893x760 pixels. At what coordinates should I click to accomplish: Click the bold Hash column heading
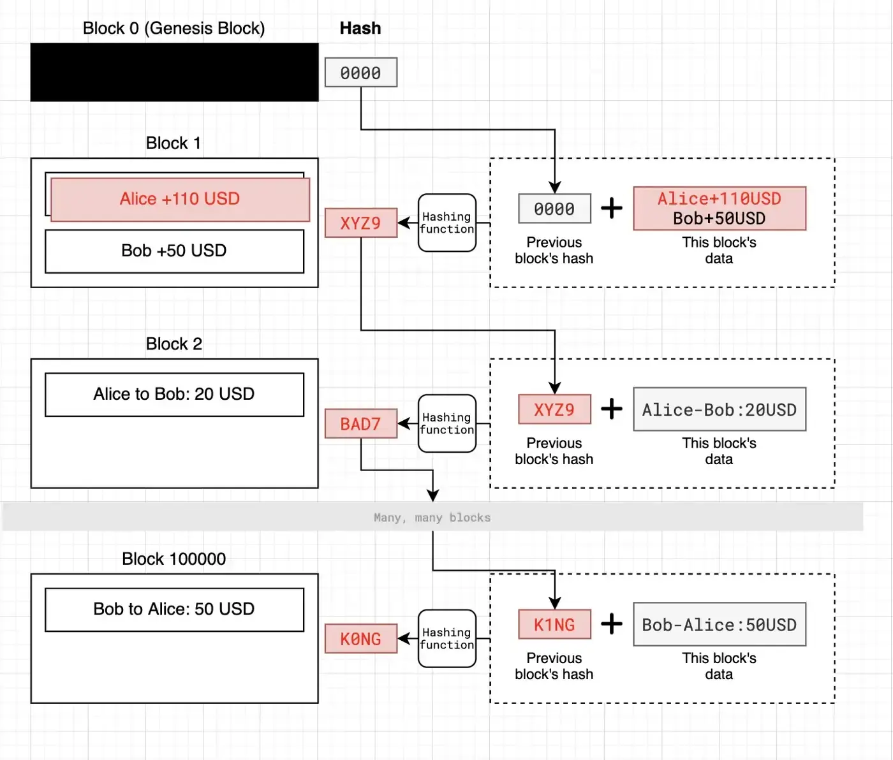[360, 29]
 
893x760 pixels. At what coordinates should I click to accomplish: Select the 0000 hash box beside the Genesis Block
[361, 72]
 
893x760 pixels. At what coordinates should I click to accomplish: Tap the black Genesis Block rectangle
[175, 72]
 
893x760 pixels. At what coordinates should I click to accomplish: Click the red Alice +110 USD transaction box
[180, 200]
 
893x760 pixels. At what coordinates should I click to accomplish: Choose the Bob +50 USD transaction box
[175, 251]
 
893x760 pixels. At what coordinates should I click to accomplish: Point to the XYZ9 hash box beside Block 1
[361, 223]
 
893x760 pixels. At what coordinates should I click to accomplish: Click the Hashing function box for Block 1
[447, 223]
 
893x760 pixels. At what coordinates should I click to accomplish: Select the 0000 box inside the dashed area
[555, 208]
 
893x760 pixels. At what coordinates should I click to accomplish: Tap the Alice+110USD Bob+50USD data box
[720, 208]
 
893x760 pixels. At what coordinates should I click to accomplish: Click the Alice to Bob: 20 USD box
[175, 395]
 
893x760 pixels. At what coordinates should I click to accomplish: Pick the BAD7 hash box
[361, 423]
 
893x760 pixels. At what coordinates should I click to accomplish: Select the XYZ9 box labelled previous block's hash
[555, 409]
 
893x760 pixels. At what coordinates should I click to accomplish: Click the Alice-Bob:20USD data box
[720, 409]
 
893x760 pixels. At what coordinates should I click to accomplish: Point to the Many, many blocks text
[432, 517]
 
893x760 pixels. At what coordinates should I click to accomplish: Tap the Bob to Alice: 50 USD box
[175, 610]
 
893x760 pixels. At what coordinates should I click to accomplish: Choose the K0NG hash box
[361, 639]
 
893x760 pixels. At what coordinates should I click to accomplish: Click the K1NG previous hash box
[555, 624]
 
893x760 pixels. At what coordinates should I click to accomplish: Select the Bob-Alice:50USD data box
[720, 624]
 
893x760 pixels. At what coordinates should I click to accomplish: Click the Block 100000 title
[173, 559]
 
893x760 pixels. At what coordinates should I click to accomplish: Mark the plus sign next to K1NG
[612, 624]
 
